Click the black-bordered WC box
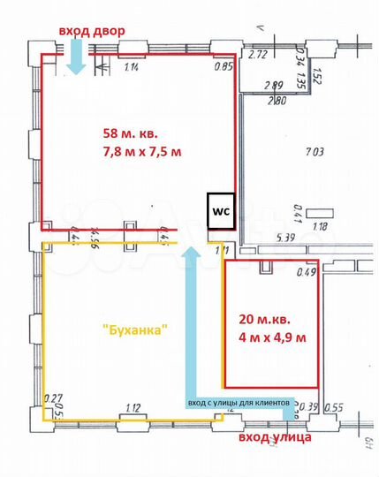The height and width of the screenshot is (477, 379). (x=219, y=212)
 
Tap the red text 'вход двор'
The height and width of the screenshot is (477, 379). (x=92, y=31)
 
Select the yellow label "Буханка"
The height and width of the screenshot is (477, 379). (x=135, y=329)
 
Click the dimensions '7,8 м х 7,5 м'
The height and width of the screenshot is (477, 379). (x=142, y=152)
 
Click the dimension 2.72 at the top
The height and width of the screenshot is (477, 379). (x=257, y=55)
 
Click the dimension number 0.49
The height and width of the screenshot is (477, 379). (x=307, y=272)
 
